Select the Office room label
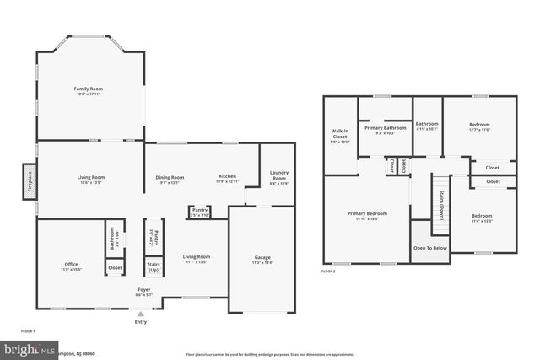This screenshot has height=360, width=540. tap(71, 266)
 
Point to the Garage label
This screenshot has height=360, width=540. tap(262, 259)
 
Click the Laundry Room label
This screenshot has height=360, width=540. tap(278, 177)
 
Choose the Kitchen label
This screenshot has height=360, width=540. tap(228, 178)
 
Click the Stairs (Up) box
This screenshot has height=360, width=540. tap(154, 266)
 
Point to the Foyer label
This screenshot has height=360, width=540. tap(145, 292)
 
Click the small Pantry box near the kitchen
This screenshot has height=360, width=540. tap(200, 212)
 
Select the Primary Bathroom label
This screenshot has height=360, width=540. tap(385, 130)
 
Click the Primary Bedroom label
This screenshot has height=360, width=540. tap(367, 216)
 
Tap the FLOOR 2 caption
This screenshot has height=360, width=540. tap(328, 271)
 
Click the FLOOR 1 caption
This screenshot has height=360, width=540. tap(28, 331)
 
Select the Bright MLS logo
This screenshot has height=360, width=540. tap(25, 348)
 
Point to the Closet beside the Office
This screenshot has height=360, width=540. tap(114, 267)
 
